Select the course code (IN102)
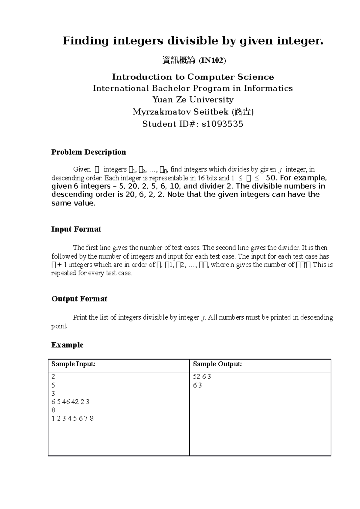pyautogui.click(x=212, y=61)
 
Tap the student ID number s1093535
pyautogui.click(x=222, y=124)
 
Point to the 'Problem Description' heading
pyautogui.click(x=88, y=152)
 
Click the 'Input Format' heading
pyautogui.click(x=76, y=229)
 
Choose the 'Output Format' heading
pyautogui.click(x=79, y=299)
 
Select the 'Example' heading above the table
pyautogui.click(x=67, y=345)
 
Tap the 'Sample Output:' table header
pyautogui.click(x=217, y=364)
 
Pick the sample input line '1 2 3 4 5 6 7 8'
pyautogui.click(x=73, y=418)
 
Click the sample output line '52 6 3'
pyautogui.click(x=202, y=377)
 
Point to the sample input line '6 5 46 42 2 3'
pyautogui.click(x=70, y=402)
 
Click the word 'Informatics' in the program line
pyautogui.click(x=268, y=88)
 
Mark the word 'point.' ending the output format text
pyautogui.click(x=59, y=326)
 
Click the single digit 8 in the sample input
pyautogui.click(x=53, y=410)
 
